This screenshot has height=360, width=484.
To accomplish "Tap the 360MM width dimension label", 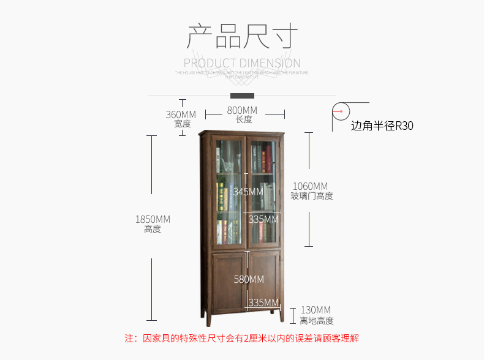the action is (181, 114).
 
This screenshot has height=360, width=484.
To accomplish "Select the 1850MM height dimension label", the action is (153, 219).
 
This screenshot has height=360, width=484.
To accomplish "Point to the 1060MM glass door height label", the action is (310, 186).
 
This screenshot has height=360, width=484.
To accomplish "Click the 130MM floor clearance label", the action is (316, 310).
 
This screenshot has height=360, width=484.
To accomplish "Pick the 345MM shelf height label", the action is (248, 192).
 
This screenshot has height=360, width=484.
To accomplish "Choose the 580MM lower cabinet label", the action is (249, 279).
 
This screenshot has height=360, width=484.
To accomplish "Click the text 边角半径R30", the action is (382, 126).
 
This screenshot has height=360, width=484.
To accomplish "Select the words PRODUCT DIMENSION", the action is (242, 63).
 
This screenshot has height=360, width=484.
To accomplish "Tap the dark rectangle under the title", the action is (242, 96).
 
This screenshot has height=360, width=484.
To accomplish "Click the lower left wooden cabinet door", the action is (229, 282).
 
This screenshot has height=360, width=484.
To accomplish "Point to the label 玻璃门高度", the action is (312, 196).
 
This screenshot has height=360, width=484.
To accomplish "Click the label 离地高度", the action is (317, 320).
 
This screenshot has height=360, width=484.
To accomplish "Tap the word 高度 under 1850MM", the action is (153, 229).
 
